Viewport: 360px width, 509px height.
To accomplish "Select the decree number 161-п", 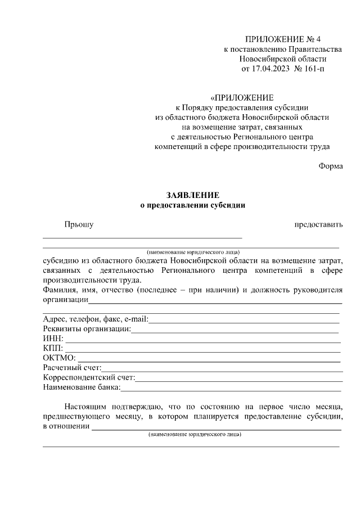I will [313, 69].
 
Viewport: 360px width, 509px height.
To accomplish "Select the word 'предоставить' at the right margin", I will [318, 225].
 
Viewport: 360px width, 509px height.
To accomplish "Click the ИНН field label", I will [53, 339].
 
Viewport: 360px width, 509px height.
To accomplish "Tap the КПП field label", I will [53, 349].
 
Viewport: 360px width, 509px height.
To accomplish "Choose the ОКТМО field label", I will [59, 358].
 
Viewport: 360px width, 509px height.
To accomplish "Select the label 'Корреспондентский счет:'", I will [88, 377].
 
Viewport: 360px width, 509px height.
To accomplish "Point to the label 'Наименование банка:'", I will [81, 387].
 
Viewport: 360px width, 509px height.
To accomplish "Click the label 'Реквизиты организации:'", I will [86, 329].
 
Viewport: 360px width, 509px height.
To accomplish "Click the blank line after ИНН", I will [202, 341].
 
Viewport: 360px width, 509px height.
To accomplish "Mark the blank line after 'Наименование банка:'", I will [231, 389].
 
